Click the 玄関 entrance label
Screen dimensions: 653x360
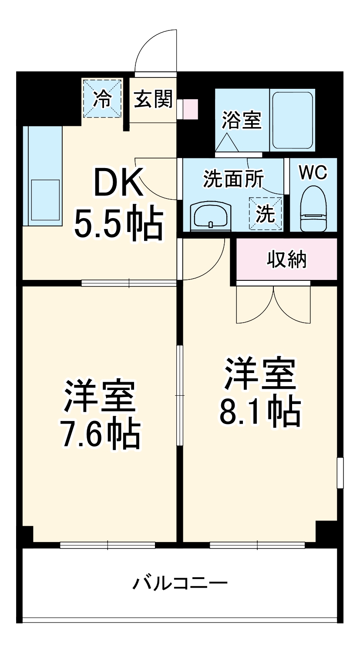tap(153, 100)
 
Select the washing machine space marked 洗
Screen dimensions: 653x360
tap(265, 213)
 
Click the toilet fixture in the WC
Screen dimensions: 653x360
tap(313, 209)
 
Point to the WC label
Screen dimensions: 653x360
tap(313, 173)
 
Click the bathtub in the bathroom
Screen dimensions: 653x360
tap(292, 120)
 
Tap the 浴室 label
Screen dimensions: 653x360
tap(242, 120)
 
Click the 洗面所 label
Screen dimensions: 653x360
tap(233, 179)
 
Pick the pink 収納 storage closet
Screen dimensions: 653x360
tap(286, 259)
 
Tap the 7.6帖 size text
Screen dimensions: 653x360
tap(100, 434)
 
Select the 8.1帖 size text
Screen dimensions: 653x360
tap(260, 411)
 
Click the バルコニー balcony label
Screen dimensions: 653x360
tap(180, 582)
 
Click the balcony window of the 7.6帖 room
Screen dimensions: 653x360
tap(108, 545)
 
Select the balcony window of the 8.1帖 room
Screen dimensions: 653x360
tap(257, 545)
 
